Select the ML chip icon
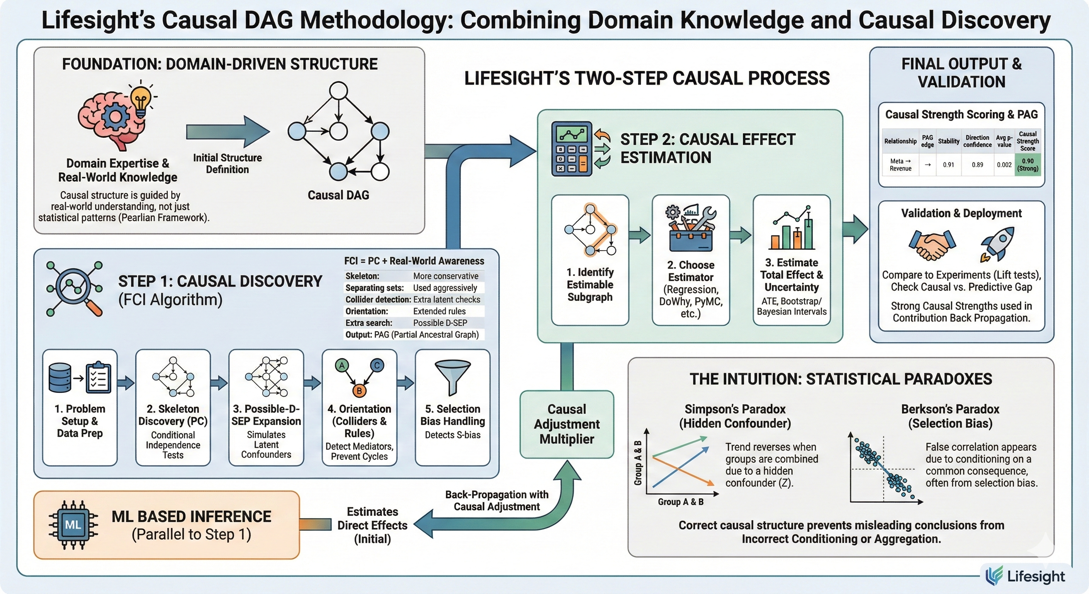[x=73, y=525]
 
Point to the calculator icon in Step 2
[x=572, y=149]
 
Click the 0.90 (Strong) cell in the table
[x=1027, y=164]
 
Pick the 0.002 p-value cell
[x=1004, y=164]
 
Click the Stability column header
[x=948, y=141]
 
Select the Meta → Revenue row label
[x=900, y=164]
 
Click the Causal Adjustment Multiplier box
[x=567, y=424]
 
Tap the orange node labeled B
[x=359, y=390]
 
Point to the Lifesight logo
[x=1025, y=576]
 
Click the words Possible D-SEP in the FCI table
[x=440, y=323]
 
